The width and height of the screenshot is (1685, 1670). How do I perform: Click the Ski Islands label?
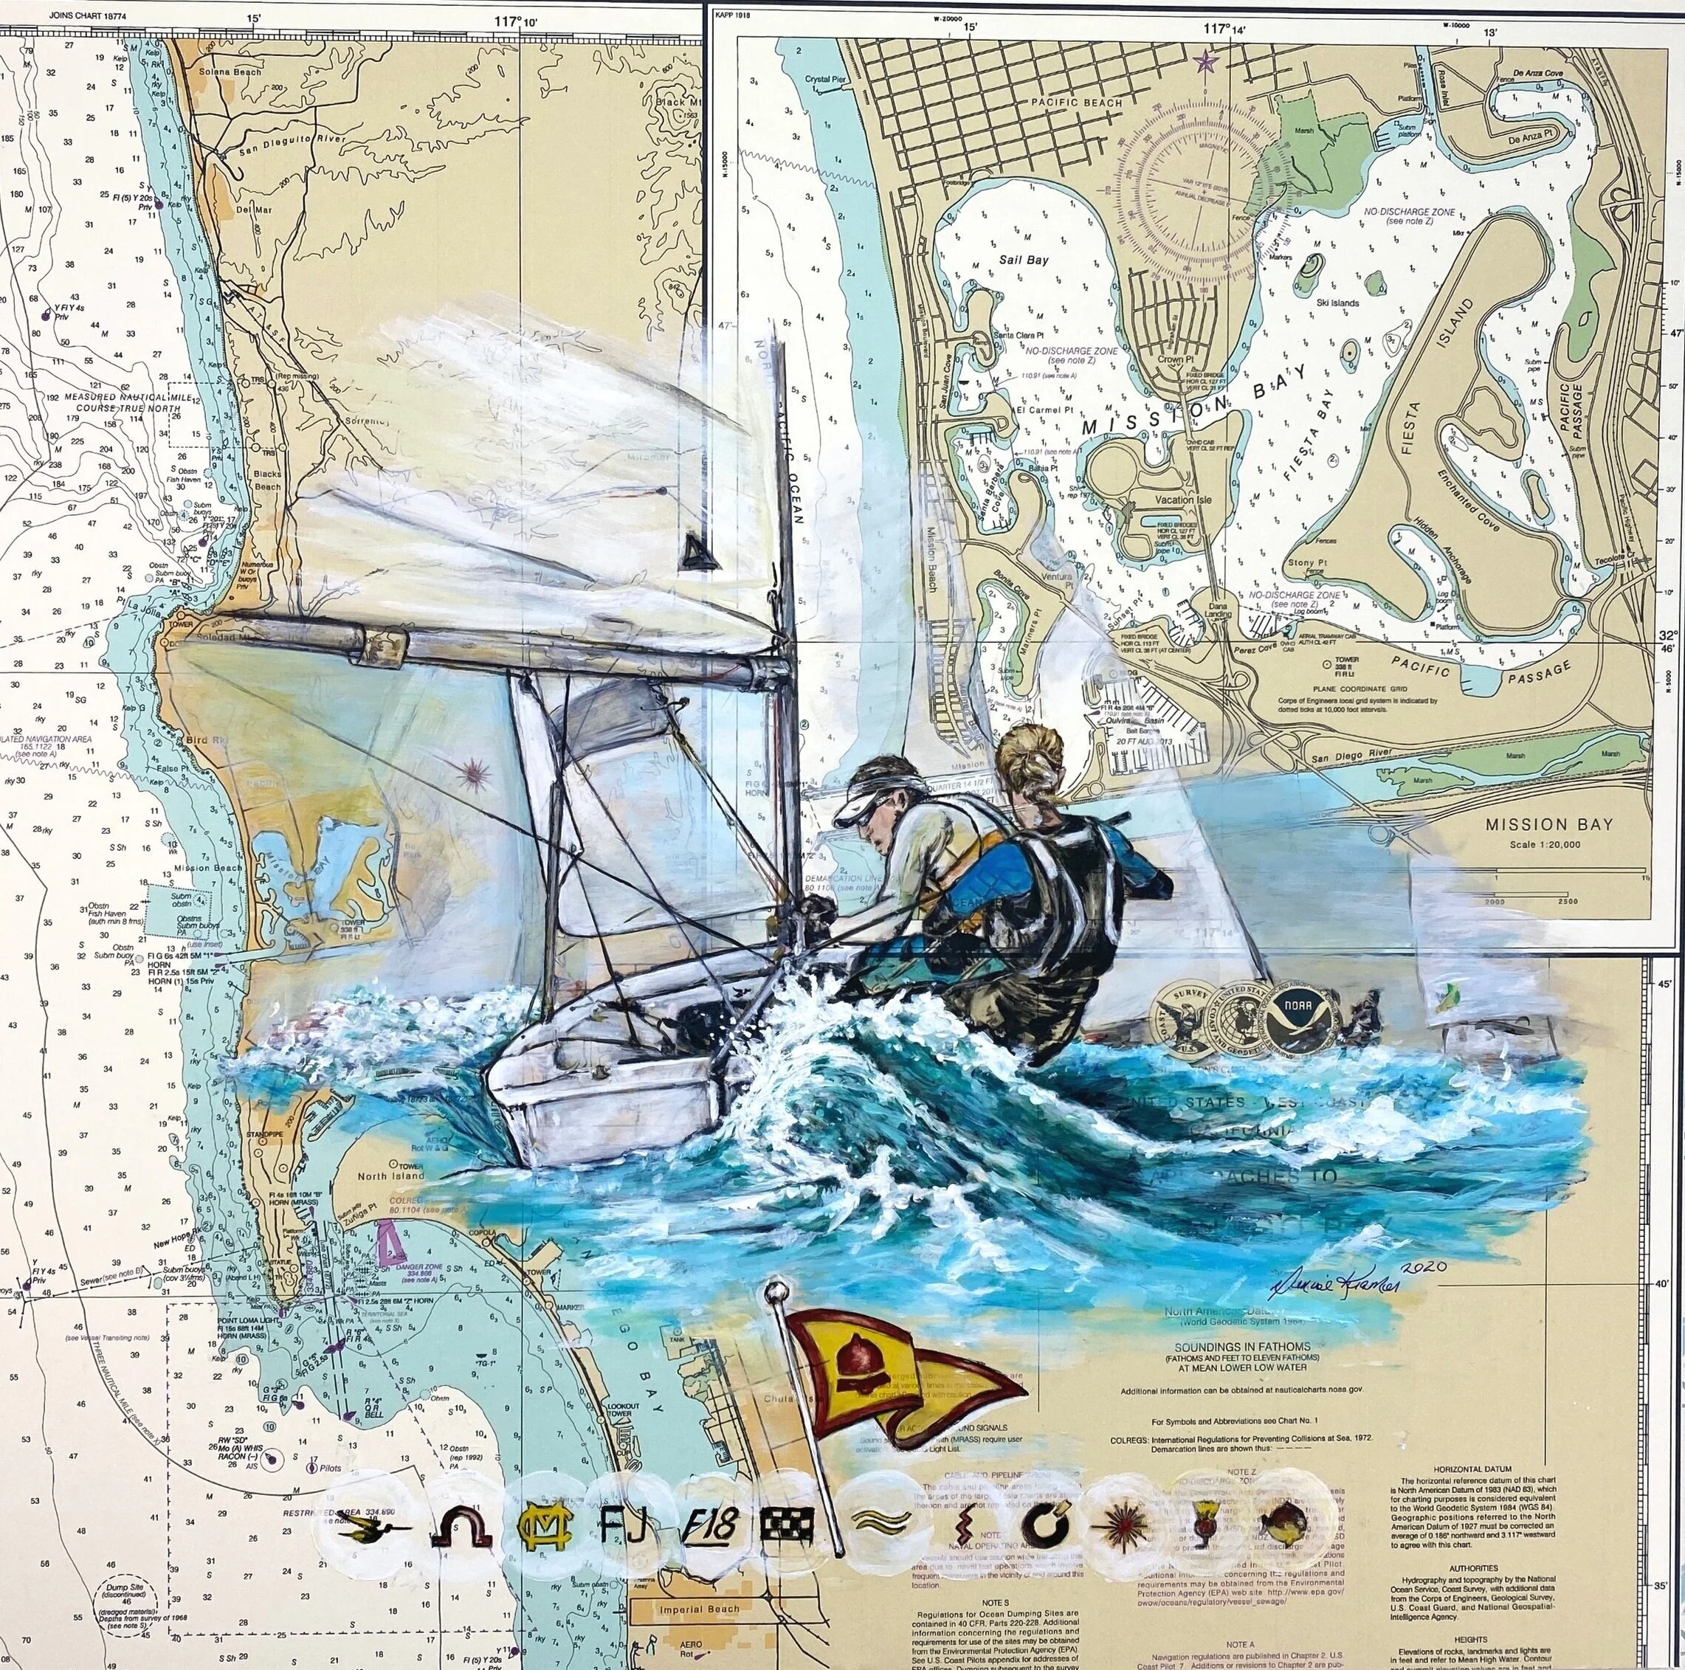click(1334, 303)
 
